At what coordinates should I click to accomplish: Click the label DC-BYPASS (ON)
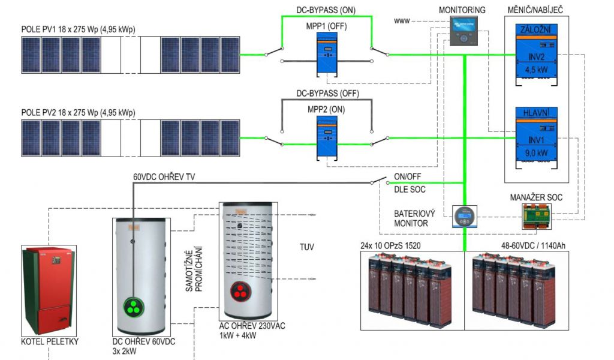[x=326, y=10]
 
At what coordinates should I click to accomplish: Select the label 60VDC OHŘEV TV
[x=164, y=177]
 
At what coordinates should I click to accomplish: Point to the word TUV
[x=306, y=247]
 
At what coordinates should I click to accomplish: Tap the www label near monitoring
[x=401, y=21]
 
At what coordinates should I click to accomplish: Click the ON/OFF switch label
[x=407, y=177]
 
